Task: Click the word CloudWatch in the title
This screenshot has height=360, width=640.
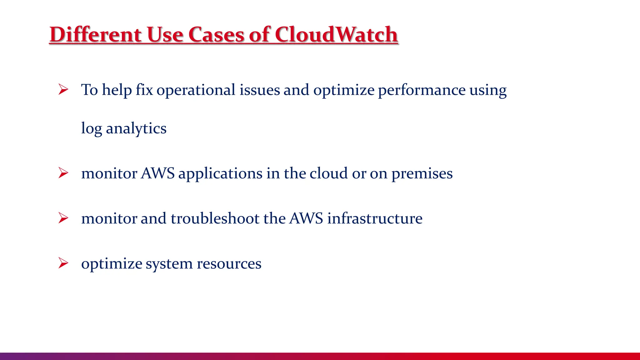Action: pyautogui.click(x=336, y=34)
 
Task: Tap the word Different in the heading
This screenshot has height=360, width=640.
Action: pyautogui.click(x=95, y=34)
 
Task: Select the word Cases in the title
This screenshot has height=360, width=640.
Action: pyautogui.click(x=216, y=34)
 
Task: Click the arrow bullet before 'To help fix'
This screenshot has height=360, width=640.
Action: pyautogui.click(x=63, y=90)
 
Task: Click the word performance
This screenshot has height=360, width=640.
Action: pyautogui.click(x=422, y=90)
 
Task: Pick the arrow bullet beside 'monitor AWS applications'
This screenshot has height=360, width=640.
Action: pyautogui.click(x=63, y=173)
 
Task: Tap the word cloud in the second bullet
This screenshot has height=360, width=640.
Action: pyautogui.click(x=328, y=173)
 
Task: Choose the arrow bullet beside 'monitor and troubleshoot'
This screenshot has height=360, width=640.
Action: pyautogui.click(x=63, y=218)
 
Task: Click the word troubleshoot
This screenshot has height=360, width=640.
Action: pyautogui.click(x=215, y=218)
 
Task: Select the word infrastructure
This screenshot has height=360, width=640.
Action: pyautogui.click(x=375, y=218)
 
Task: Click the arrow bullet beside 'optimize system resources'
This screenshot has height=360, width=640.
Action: pyautogui.click(x=63, y=263)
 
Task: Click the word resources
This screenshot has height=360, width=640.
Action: pyautogui.click(x=229, y=264)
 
